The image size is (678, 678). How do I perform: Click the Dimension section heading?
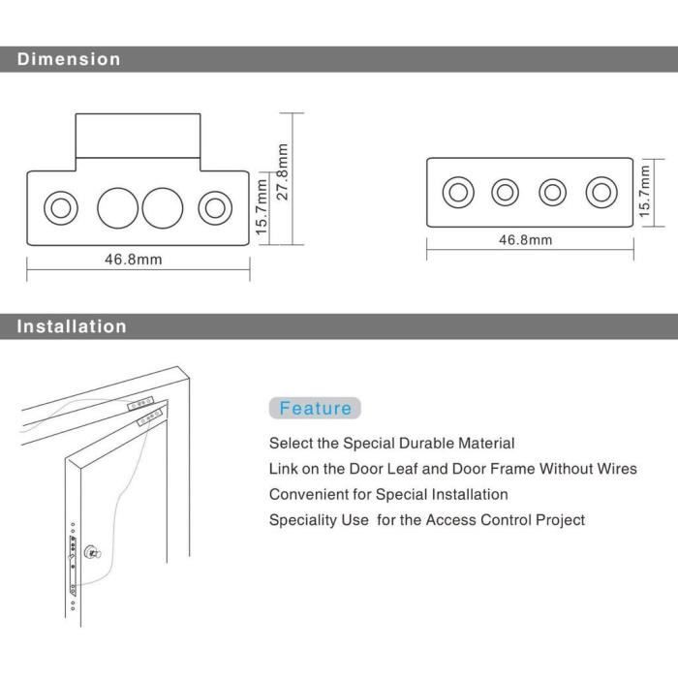[69, 59]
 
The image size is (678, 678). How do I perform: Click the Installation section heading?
[72, 326]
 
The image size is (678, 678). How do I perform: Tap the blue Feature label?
[315, 408]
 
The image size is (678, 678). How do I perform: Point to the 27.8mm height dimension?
[283, 171]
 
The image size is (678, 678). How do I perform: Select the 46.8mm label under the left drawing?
[133, 260]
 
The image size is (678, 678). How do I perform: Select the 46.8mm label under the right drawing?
[526, 240]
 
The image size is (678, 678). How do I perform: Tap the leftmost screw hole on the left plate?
[60, 207]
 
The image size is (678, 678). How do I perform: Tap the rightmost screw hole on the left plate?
[214, 207]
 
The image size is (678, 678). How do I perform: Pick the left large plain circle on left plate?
[118, 207]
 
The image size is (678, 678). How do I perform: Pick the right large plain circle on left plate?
[162, 207]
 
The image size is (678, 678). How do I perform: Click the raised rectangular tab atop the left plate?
[137, 136]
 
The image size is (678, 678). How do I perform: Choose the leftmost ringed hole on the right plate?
[458, 192]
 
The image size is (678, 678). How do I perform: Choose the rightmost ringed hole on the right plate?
[601, 192]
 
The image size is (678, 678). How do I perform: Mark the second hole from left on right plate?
[505, 192]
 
